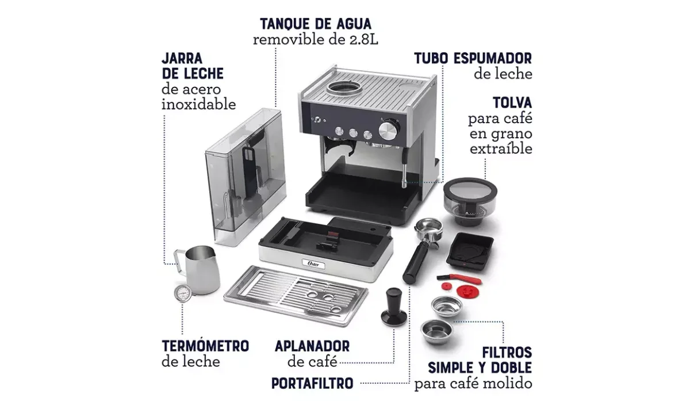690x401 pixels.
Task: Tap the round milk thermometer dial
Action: (183, 293)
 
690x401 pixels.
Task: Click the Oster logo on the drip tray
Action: (313, 264)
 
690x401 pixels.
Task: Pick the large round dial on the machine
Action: (388, 131)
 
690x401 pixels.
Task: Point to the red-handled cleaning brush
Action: (459, 278)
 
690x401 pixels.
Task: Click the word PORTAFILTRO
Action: (312, 383)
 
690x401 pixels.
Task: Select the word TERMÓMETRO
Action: (205, 346)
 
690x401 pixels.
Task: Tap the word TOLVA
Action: (512, 102)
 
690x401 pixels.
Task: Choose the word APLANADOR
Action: (312, 346)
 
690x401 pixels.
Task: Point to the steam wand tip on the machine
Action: (404, 184)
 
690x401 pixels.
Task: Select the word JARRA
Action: (182, 58)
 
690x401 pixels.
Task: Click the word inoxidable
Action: (199, 104)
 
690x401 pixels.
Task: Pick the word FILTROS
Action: (507, 352)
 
